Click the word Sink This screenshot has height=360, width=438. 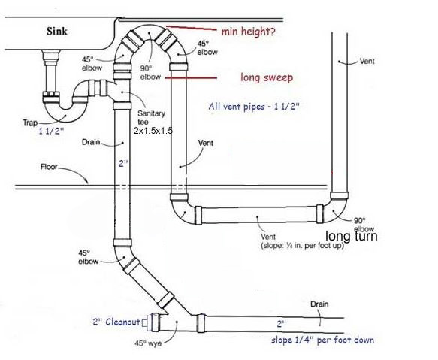(x=56, y=31)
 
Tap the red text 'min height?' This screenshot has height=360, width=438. (x=249, y=32)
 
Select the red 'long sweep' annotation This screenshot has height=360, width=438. (x=267, y=77)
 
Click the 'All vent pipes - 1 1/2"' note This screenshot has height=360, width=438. (x=254, y=107)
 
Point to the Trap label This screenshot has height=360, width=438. (x=30, y=123)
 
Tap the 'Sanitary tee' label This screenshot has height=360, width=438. (x=151, y=118)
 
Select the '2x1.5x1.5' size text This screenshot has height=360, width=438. (x=153, y=131)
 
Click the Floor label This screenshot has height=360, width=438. (x=49, y=167)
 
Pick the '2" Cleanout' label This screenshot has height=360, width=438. (x=116, y=322)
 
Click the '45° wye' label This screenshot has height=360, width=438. (x=148, y=343)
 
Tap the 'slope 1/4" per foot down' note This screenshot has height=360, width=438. (x=322, y=340)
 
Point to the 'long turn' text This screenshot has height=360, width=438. (x=352, y=236)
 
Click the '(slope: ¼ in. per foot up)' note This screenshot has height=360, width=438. (x=302, y=246)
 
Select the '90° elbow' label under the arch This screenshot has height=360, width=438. (x=150, y=73)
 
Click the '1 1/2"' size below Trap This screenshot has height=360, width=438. (x=51, y=131)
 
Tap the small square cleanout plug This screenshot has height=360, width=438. (x=145, y=323)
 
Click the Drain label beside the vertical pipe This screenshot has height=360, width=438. (x=91, y=142)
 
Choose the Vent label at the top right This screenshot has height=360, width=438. (x=367, y=61)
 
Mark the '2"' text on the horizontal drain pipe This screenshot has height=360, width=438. (x=281, y=324)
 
